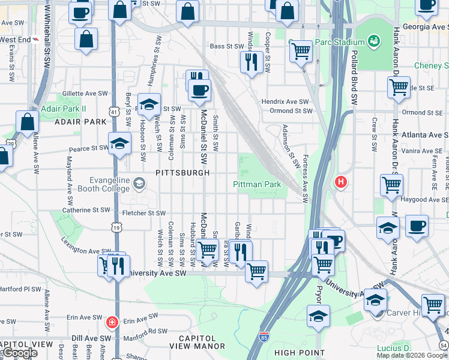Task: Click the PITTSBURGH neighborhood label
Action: tap(182, 173)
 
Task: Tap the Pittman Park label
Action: tap(257, 185)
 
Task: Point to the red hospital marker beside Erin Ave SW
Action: tap(111, 323)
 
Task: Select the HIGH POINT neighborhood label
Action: tap(299, 353)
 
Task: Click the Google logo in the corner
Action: tap(19, 353)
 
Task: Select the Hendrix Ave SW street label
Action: tap(285, 102)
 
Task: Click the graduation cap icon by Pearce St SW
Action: tap(120, 143)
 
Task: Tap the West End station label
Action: tap(15, 40)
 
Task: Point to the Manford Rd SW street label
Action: tap(146, 331)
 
